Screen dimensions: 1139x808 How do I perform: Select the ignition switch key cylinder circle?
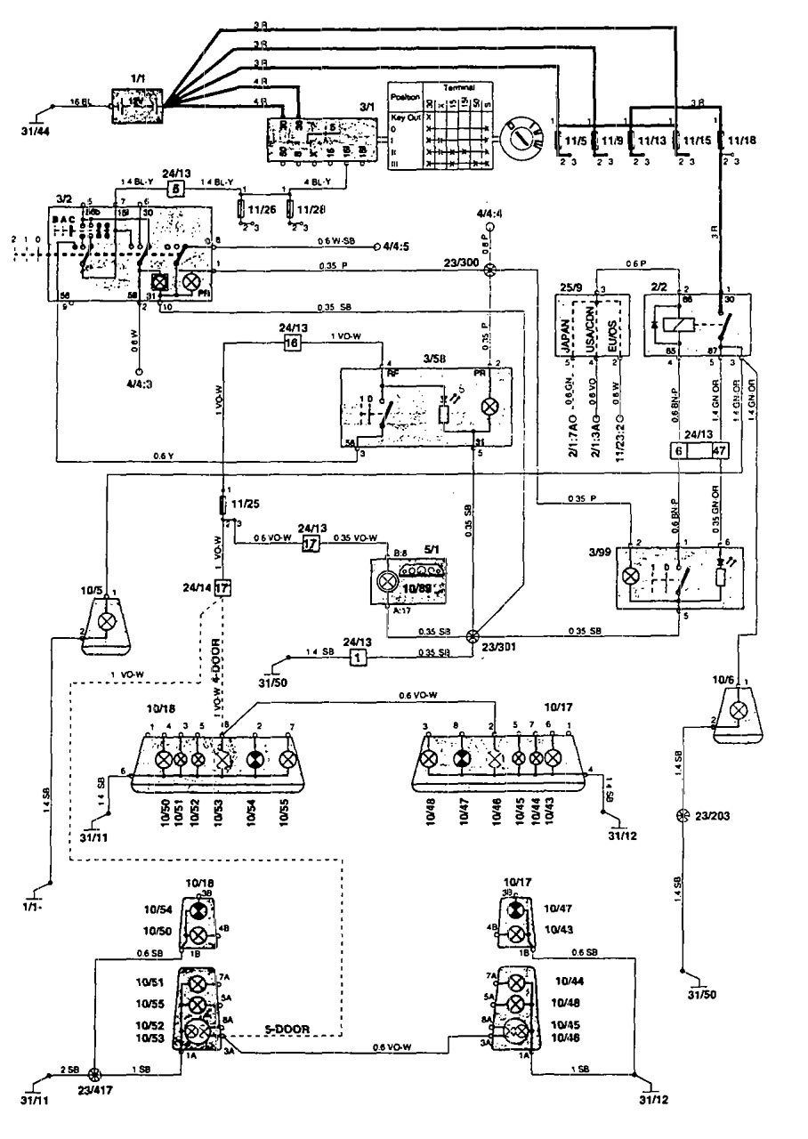point(525,139)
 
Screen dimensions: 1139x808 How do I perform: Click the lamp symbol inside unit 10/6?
point(738,709)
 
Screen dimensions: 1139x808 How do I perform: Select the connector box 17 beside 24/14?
point(222,588)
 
